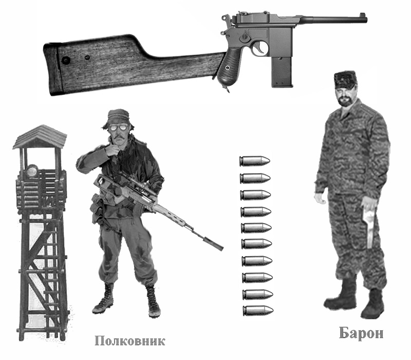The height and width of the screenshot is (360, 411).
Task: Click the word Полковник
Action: click(x=130, y=341)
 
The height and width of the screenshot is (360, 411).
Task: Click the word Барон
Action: click(x=361, y=333)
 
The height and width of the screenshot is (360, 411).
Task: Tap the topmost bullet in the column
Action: click(x=254, y=161)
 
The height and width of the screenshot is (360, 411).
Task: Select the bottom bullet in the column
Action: click(x=258, y=311)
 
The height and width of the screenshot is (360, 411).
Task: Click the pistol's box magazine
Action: click(x=282, y=71)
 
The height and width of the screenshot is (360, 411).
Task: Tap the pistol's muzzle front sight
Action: click(x=364, y=15)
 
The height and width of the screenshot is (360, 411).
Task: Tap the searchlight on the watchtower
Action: click(x=31, y=171)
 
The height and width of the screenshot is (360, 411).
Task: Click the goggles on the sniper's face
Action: click(x=118, y=128)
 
